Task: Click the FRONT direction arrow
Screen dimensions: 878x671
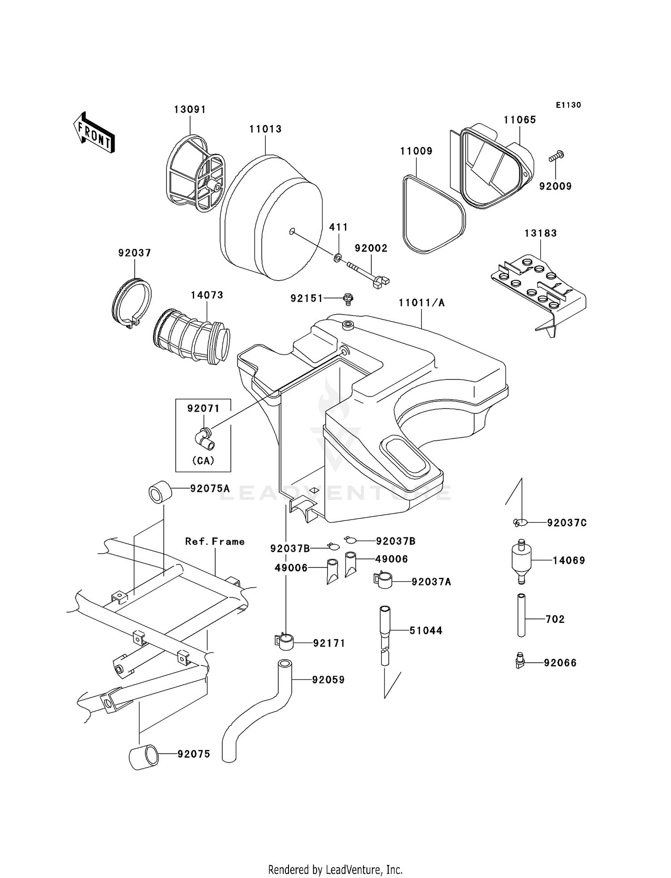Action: pyautogui.click(x=94, y=133)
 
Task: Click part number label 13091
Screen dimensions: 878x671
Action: pyautogui.click(x=190, y=110)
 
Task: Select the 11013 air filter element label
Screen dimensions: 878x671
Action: pyautogui.click(x=265, y=129)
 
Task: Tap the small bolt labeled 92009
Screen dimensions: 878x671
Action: pyautogui.click(x=556, y=157)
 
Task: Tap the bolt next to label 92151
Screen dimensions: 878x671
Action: pyautogui.click(x=348, y=298)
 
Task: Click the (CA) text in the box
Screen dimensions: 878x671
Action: pyautogui.click(x=203, y=460)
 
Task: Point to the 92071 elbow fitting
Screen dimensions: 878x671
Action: pyautogui.click(x=206, y=439)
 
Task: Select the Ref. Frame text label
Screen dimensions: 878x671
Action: pyautogui.click(x=215, y=541)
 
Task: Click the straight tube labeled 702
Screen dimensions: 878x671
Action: pyautogui.click(x=521, y=615)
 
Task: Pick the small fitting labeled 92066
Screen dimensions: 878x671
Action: pyautogui.click(x=519, y=661)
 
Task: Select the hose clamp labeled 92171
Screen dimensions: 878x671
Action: pyautogui.click(x=284, y=642)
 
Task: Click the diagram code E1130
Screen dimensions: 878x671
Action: pyautogui.click(x=568, y=105)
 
